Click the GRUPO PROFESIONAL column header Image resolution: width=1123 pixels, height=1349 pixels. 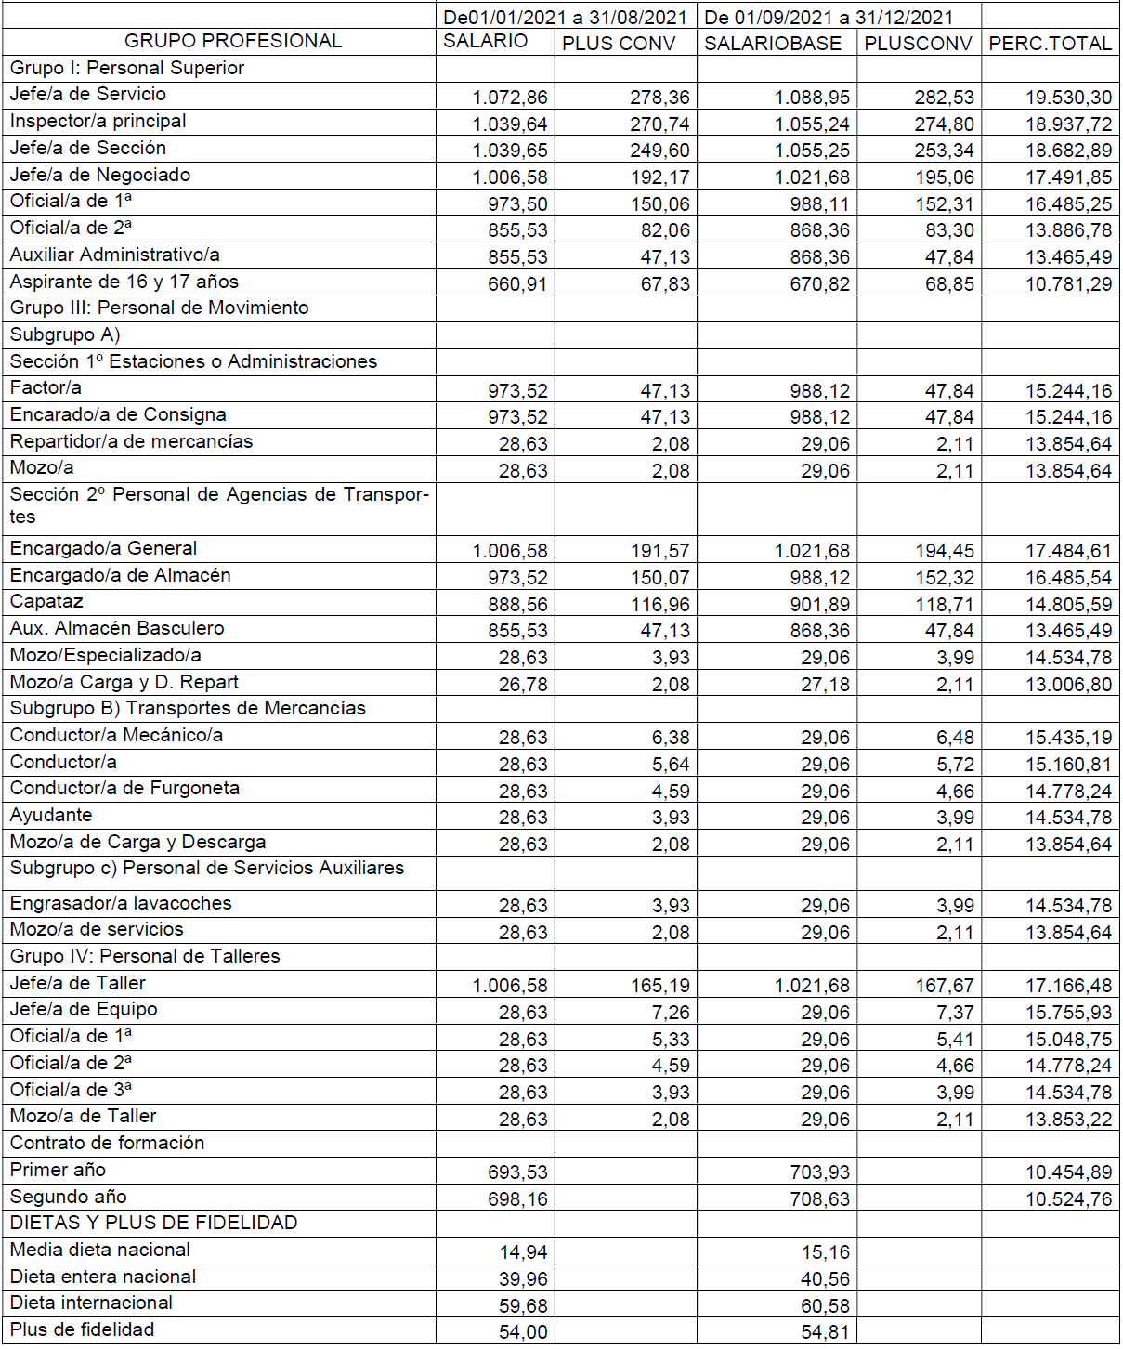pos(233,41)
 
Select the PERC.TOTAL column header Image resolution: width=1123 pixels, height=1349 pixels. pos(1050,44)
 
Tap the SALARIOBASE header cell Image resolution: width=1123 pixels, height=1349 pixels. pos(773,44)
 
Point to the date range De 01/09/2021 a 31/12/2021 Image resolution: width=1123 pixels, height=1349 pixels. pos(829,17)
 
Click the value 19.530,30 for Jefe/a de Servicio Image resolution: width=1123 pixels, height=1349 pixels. pos(1068,98)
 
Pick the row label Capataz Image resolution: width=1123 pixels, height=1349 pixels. pos(46,602)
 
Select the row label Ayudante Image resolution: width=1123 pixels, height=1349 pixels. pos(51,815)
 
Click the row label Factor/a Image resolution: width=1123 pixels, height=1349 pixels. pos(46,387)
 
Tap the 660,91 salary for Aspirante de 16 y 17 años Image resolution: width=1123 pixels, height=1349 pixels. pos(517,284)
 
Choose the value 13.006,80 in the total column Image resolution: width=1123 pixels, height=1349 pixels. pos(1068,685)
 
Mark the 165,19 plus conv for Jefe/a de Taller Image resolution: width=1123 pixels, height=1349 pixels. pos(660,986)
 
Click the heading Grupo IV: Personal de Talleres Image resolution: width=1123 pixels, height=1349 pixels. pos(145,956)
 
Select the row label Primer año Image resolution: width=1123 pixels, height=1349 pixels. pos(58,1170)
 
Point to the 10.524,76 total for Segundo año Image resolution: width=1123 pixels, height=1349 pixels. pos(1068,1199)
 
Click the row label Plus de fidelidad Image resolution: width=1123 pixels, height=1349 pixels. pos(82,1329)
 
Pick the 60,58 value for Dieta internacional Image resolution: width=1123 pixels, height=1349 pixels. pos(825,1306)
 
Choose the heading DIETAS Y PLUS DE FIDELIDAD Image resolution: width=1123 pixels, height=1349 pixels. pos(153,1223)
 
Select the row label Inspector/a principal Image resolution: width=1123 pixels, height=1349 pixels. pos(98,121)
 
